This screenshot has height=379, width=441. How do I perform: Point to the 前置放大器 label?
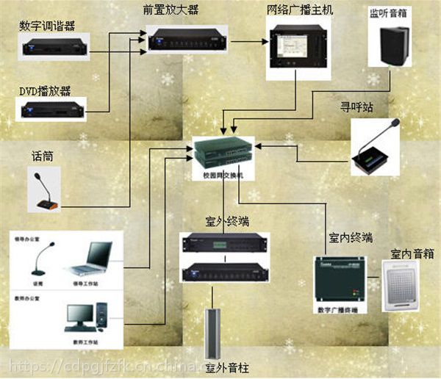[173, 10]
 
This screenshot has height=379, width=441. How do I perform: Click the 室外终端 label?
[223, 221]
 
